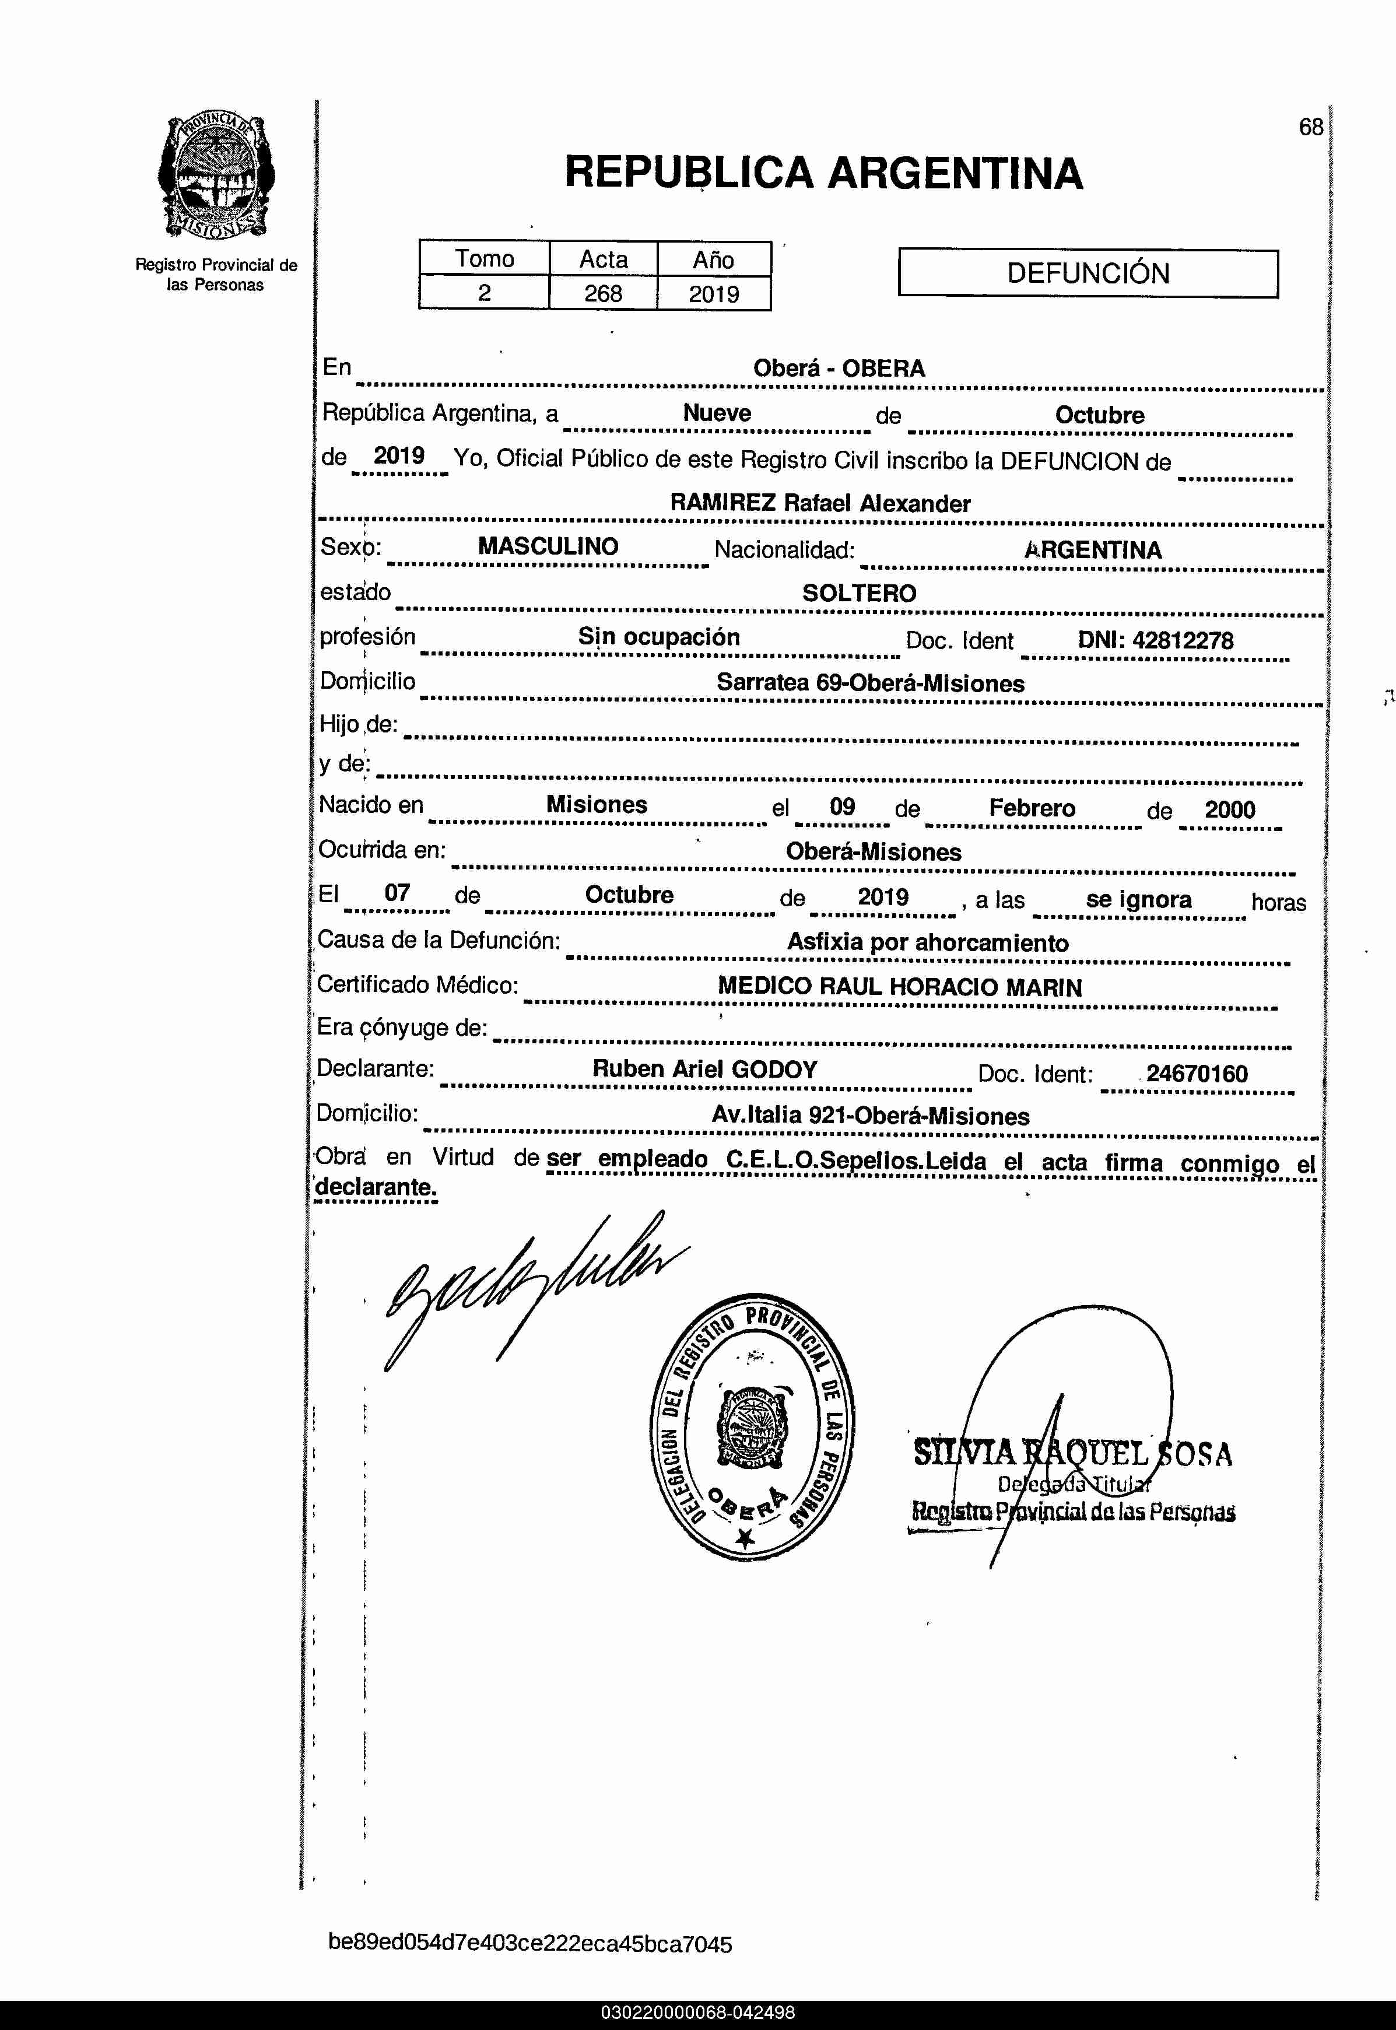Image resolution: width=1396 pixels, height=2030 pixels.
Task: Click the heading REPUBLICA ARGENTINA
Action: (x=823, y=172)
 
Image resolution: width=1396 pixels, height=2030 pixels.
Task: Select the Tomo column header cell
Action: (x=484, y=259)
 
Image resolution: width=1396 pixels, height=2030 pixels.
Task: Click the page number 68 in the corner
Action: (x=1310, y=128)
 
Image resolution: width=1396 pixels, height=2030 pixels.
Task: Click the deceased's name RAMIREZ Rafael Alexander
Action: (x=820, y=504)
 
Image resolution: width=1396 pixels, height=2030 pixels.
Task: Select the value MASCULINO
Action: (x=548, y=546)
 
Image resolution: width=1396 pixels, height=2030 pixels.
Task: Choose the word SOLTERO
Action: (x=859, y=593)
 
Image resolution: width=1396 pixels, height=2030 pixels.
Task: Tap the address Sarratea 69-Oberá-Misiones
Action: (x=869, y=683)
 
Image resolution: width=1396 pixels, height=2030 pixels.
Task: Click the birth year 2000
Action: (x=1229, y=810)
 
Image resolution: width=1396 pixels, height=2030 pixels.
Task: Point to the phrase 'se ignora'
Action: (x=1138, y=900)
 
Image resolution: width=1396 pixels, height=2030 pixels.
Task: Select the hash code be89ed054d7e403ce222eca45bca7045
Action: (x=529, y=1944)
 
